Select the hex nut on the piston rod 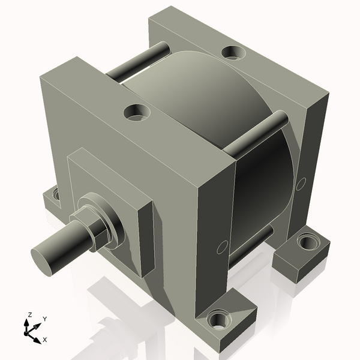click(91, 227)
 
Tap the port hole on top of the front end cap click(137, 111)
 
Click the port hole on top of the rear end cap click(233, 52)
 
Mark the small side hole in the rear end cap click(301, 184)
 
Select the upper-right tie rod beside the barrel click(258, 135)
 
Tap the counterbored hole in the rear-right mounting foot click(308, 242)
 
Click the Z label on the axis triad click(29, 314)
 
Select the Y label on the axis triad click(44, 319)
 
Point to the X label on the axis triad click(44, 339)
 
